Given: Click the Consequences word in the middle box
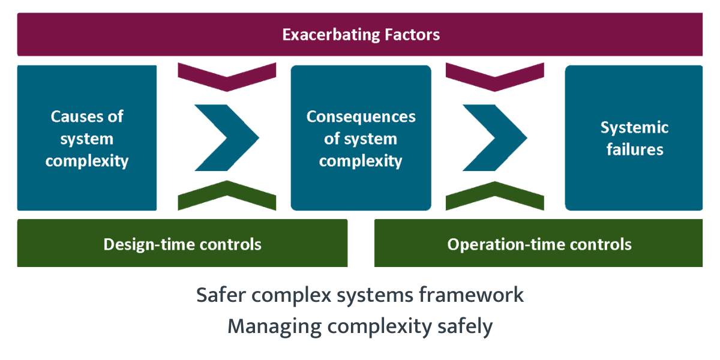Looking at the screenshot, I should (361, 116).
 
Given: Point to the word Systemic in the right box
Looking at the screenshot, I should (634, 127).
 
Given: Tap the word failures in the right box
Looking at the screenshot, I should (634, 149).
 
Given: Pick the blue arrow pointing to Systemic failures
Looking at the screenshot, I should (496, 137).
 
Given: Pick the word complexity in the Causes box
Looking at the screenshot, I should (87, 161).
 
